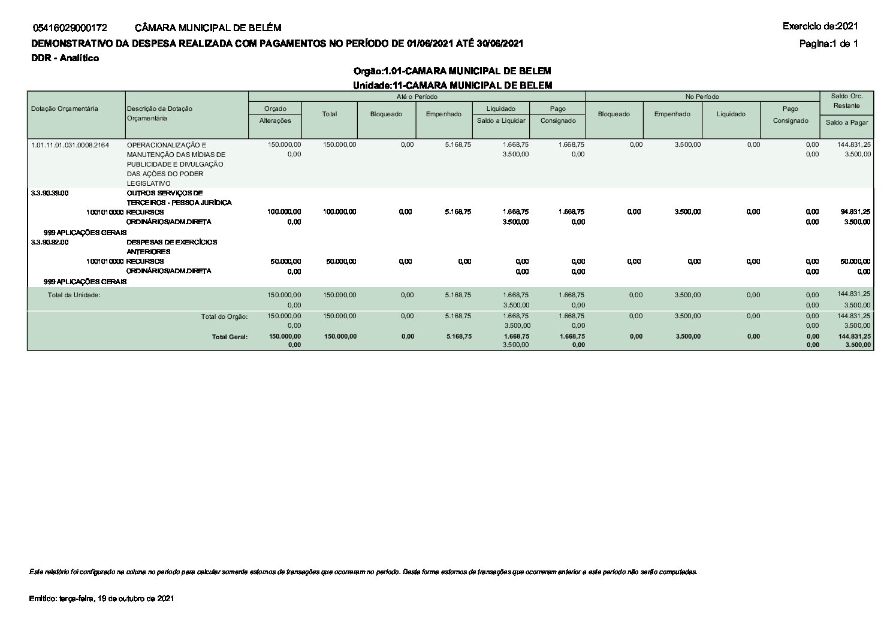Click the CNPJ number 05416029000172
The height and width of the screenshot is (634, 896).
70,28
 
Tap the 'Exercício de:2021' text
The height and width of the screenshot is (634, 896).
820,26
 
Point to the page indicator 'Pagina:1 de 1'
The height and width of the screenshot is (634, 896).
828,43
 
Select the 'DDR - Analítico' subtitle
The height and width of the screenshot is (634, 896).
65,58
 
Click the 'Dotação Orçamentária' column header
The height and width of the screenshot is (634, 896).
64,108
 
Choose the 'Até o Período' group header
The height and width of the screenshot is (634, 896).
417,96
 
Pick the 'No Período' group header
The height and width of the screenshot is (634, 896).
702,96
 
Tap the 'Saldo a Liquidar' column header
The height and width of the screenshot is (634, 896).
501,120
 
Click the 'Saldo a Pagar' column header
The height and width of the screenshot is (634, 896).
846,122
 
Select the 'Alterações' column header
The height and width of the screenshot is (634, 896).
275,120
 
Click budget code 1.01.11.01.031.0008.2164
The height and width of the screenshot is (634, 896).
70,145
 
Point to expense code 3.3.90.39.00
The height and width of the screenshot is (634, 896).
50,193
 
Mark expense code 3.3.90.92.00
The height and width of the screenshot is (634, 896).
50,242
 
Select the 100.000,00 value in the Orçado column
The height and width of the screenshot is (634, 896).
284,212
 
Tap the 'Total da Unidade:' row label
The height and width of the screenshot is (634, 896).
74,295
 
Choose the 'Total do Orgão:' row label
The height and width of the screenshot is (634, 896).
224,316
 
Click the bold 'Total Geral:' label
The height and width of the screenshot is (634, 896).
230,337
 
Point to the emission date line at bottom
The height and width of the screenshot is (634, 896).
101,599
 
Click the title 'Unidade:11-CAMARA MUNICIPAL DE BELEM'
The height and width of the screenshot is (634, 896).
452,85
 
